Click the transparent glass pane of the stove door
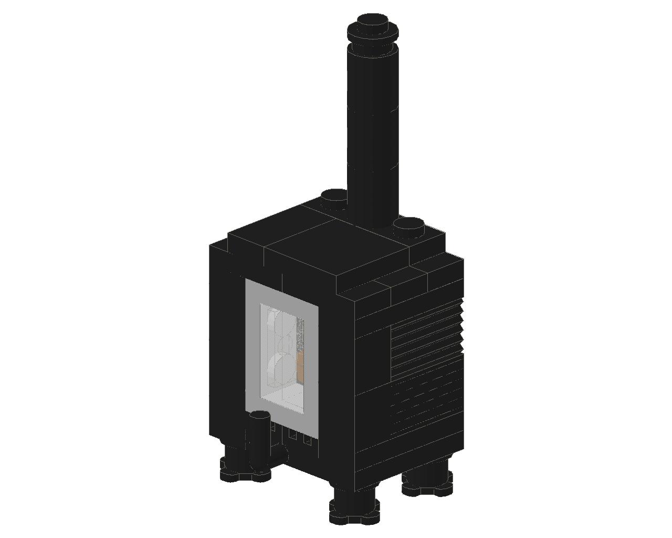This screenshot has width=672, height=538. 281,357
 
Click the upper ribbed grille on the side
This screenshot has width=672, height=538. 425,342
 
